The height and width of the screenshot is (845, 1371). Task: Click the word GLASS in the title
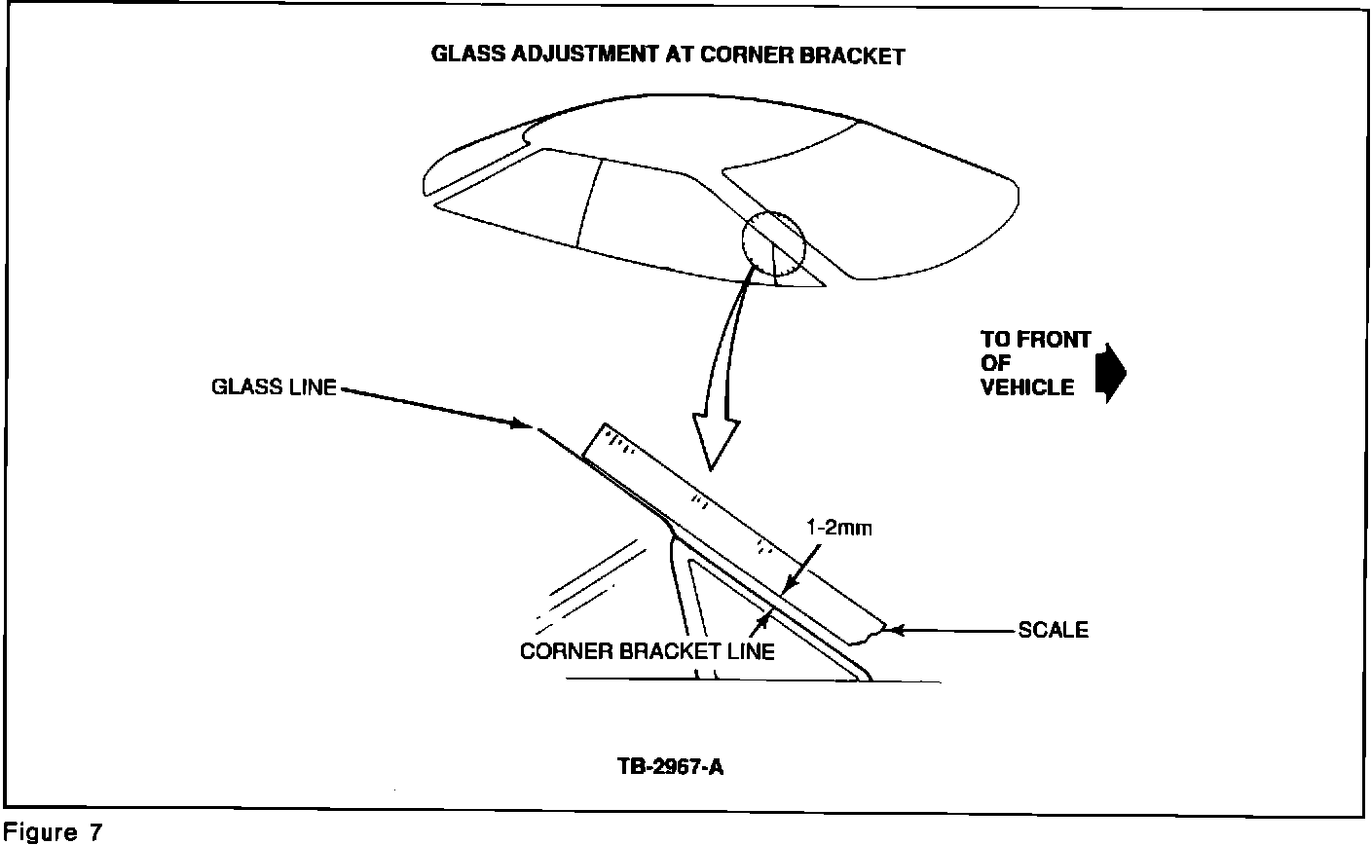coord(467,54)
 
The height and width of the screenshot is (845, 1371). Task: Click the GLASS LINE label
coord(274,386)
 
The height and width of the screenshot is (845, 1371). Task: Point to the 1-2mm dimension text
coord(838,528)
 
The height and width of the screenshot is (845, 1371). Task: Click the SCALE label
coord(1054,630)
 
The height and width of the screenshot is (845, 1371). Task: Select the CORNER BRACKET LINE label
coord(647,651)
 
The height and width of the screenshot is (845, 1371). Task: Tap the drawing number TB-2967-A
coord(670,767)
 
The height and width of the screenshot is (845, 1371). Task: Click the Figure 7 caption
coord(53,832)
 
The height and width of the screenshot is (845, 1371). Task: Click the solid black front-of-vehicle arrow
coord(1111,373)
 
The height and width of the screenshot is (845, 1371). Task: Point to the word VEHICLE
coord(1027,387)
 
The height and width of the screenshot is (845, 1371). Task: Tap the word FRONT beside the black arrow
coord(1054,340)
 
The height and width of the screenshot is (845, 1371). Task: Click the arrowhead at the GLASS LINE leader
coord(523,423)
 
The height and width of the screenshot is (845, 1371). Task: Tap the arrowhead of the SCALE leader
coord(895,630)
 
